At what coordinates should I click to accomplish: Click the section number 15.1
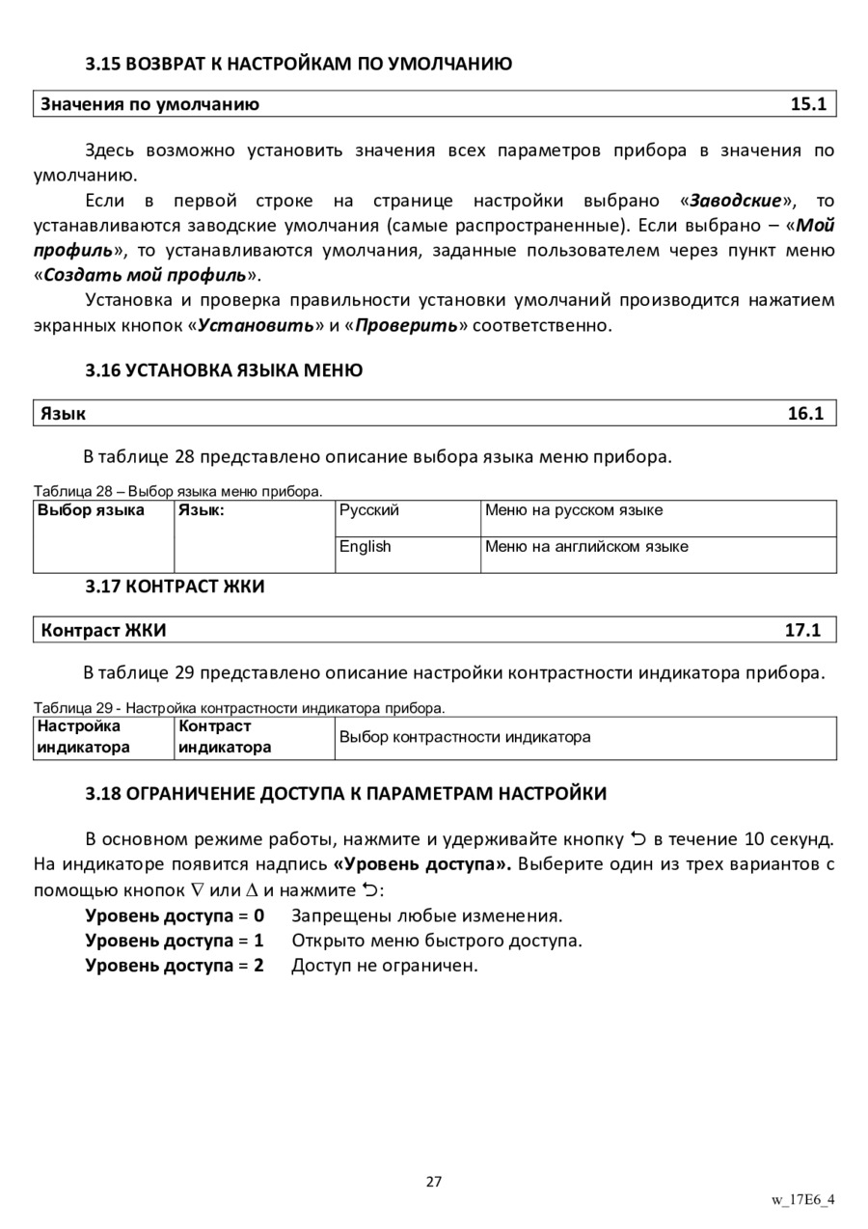(808, 104)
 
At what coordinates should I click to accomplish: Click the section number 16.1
(805, 414)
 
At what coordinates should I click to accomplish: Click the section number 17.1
(802, 631)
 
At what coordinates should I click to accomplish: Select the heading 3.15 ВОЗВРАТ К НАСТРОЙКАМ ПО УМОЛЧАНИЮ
(299, 65)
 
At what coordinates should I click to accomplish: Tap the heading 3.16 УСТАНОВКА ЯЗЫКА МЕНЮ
(224, 369)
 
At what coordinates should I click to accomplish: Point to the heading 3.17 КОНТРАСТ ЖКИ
(175, 586)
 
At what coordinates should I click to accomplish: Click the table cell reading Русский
(369, 510)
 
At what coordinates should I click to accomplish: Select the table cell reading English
(366, 547)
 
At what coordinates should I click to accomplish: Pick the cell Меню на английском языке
(586, 547)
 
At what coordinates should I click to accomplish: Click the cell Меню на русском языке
(574, 510)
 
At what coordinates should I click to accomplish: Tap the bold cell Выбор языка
(91, 510)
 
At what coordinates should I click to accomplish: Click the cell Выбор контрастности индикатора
(465, 738)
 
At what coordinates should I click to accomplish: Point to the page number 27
(434, 1182)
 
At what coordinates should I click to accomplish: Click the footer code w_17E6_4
(802, 1200)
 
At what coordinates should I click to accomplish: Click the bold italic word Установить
(256, 325)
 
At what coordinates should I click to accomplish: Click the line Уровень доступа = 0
(175, 915)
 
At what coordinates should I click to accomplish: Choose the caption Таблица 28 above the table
(178, 492)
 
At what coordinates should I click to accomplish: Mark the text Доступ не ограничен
(385, 966)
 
